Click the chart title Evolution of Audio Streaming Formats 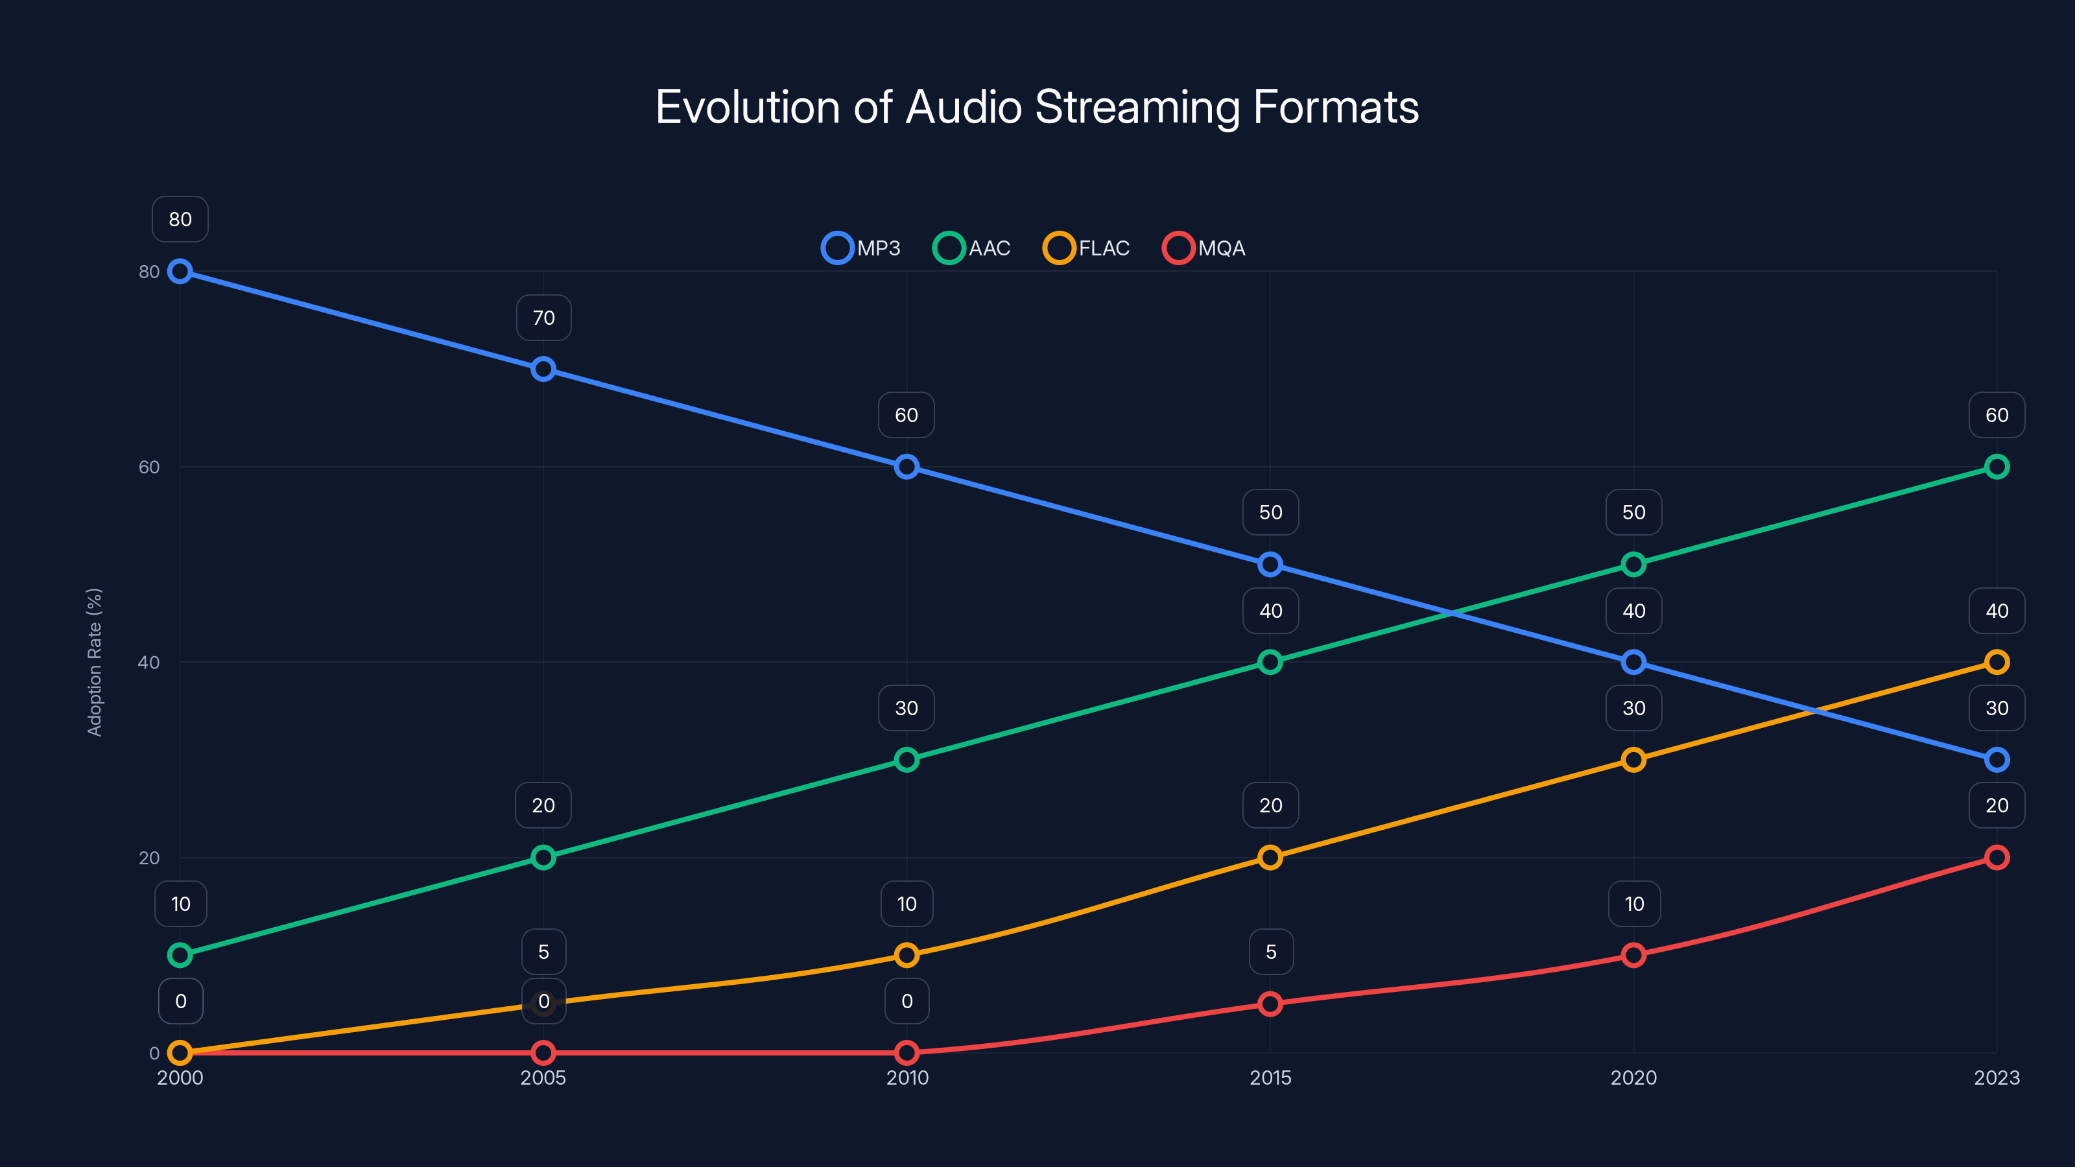point(1037,107)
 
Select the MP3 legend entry point(861,248)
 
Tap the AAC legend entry point(971,248)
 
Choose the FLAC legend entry point(1086,248)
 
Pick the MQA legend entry point(1204,248)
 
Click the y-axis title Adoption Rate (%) point(94,662)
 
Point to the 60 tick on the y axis point(149,467)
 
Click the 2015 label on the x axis point(1270,1078)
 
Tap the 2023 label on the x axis point(1996,1078)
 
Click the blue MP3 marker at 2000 point(180,272)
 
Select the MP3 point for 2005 point(543,369)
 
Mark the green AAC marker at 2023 point(1996,467)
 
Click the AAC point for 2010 point(907,759)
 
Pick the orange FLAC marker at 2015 point(1270,857)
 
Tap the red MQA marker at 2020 point(1633,955)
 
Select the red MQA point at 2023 point(1996,857)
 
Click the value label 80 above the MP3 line point(180,219)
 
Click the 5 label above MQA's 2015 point point(1271,952)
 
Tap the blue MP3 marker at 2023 point(1996,759)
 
